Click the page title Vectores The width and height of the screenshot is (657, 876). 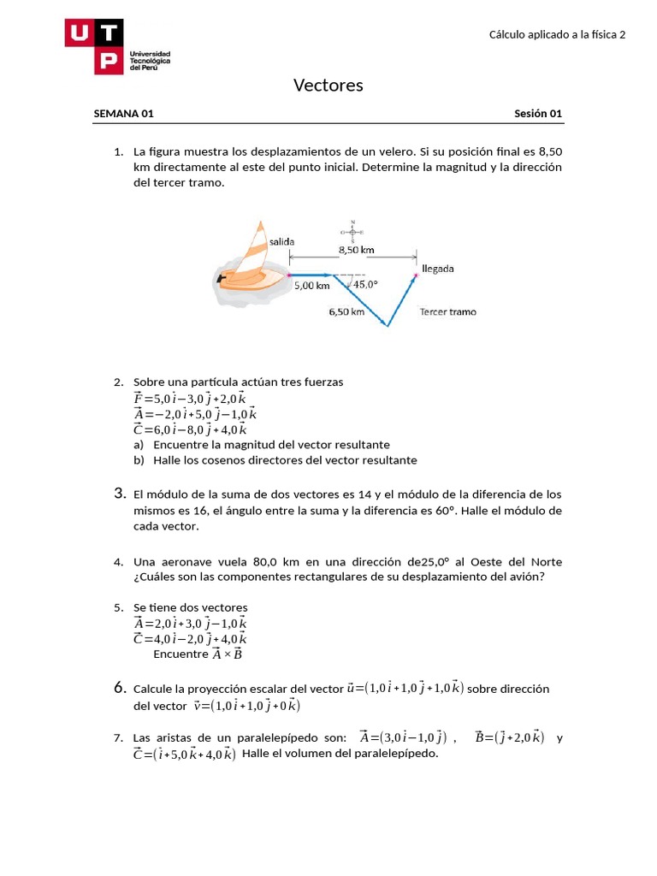[328, 85]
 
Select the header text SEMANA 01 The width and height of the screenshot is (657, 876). [123, 114]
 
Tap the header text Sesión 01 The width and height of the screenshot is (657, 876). [538, 114]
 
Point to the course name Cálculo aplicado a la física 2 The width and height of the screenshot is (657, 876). [557, 34]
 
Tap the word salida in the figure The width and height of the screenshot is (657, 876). [281, 243]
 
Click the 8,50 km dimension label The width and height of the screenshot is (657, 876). [356, 250]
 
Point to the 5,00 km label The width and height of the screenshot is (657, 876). [311, 287]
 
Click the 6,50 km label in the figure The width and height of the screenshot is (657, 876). [346, 312]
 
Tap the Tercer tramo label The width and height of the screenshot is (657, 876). [447, 311]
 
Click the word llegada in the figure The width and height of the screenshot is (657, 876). [438, 268]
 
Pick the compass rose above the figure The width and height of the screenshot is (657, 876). [352, 231]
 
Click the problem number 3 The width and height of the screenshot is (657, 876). [120, 494]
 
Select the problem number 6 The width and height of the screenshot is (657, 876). [120, 688]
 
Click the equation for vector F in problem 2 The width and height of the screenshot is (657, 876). [189, 398]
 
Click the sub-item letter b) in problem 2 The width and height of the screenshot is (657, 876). [139, 460]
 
